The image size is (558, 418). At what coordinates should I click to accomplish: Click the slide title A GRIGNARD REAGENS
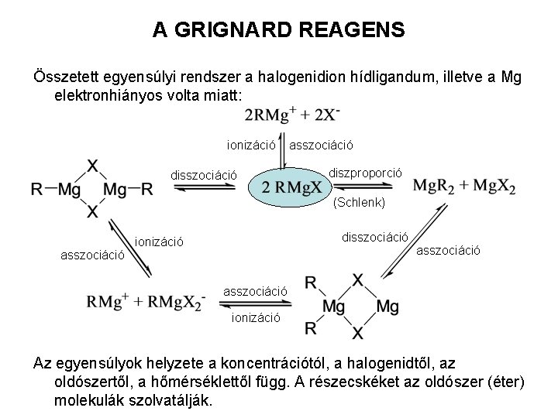(278, 30)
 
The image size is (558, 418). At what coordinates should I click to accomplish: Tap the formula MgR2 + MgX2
(464, 187)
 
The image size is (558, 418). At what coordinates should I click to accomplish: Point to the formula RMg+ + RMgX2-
(146, 300)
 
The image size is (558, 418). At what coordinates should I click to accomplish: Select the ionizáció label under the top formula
(251, 144)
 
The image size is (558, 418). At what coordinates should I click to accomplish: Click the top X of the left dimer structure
(93, 165)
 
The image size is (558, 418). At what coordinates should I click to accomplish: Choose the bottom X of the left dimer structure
(93, 211)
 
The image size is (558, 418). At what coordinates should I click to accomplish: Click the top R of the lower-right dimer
(311, 283)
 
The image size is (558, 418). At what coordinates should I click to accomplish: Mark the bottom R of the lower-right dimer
(311, 329)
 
